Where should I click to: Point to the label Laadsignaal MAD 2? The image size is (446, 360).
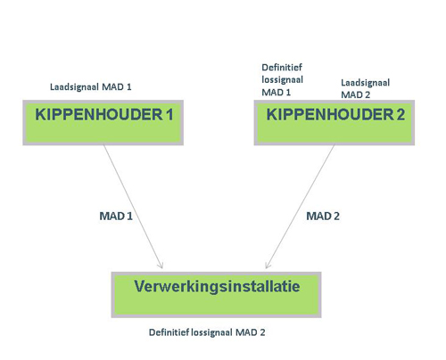(365, 87)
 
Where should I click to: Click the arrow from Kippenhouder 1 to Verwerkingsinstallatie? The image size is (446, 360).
(134, 205)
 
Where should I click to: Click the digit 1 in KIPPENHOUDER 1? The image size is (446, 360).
(166, 115)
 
